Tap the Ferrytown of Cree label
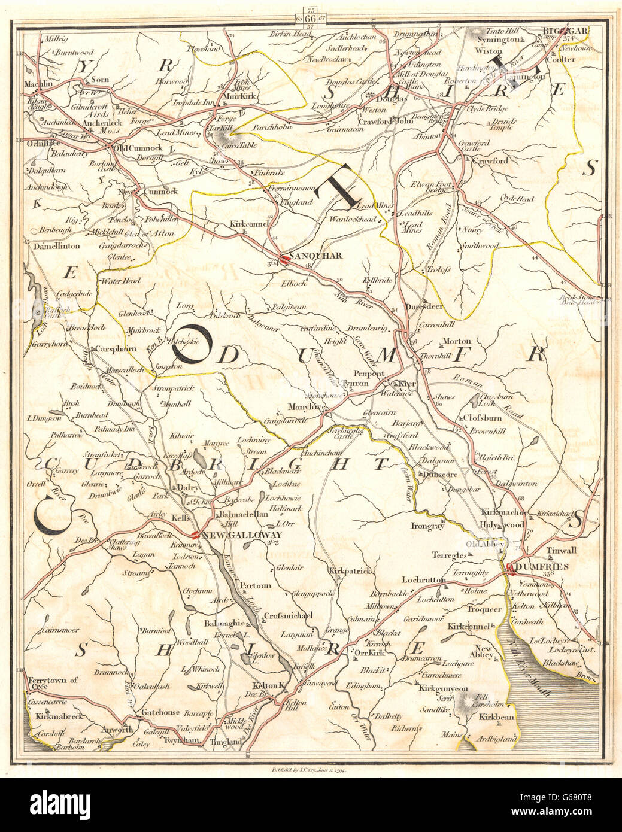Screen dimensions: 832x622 [x=53, y=680]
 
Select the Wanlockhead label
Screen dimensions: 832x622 [x=353, y=220]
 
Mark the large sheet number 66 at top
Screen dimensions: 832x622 [x=310, y=18]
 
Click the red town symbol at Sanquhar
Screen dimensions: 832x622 [x=284, y=259]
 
